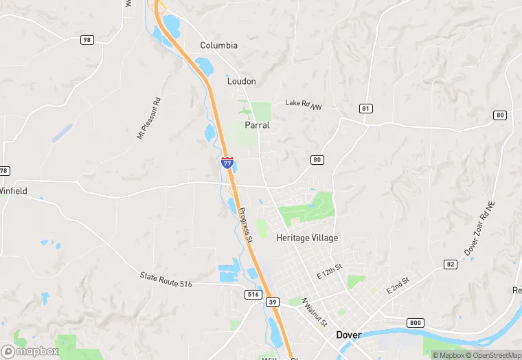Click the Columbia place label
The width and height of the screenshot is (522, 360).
pos(218,45)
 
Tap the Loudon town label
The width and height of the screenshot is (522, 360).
pos(241,81)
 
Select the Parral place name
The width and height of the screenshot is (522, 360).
pos(257,126)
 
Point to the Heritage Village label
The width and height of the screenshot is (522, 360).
pos(307,238)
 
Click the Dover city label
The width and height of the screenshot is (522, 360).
pos(349,335)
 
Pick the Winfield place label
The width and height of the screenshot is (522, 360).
pos(13,191)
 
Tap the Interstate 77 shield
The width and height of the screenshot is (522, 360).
pos(227,163)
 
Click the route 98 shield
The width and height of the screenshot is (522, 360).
pos(87,40)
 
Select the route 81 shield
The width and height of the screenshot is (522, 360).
pos(365,109)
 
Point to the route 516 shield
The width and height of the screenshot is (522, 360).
pos(253,294)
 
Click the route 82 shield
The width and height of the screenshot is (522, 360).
pos(451,264)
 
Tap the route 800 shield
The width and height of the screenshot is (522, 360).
pos(415,322)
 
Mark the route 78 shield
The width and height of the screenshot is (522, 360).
pos(4,170)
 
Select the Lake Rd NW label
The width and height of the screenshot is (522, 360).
pos(304,105)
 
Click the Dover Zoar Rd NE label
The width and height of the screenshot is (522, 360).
pos(480,234)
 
